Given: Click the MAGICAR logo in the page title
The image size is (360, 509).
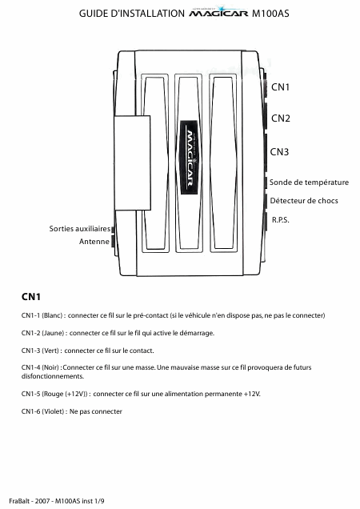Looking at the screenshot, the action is pyautogui.click(x=218, y=12).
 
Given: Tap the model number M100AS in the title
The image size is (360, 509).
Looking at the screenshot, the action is pyautogui.click(x=270, y=14).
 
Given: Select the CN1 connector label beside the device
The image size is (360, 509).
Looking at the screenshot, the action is pyautogui.click(x=280, y=87).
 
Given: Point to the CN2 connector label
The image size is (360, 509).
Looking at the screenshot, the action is pyautogui.click(x=281, y=118).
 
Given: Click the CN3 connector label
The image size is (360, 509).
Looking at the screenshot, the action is pyautogui.click(x=279, y=151).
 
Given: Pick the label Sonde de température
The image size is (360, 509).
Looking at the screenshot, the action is pyautogui.click(x=309, y=182).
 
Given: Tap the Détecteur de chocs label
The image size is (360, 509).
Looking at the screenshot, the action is pyautogui.click(x=304, y=201).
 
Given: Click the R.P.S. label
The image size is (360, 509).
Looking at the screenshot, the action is pyautogui.click(x=281, y=220).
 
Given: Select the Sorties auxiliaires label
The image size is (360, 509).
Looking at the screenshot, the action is pyautogui.click(x=80, y=229).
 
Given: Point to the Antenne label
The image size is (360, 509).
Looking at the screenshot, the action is pyautogui.click(x=94, y=242).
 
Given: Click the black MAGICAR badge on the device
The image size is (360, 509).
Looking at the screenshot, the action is pyautogui.click(x=189, y=158).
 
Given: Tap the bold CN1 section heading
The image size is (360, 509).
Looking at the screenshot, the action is pyautogui.click(x=31, y=297).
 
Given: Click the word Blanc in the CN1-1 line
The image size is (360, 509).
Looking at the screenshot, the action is pyautogui.click(x=52, y=315).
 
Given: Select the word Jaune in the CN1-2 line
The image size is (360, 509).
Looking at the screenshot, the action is pyautogui.click(x=54, y=333).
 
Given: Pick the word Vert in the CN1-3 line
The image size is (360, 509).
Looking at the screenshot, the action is pyautogui.click(x=50, y=351).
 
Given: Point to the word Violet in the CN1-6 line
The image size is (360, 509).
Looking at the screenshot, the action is pyautogui.click(x=54, y=411).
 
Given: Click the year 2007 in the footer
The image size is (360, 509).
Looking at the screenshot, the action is pyautogui.click(x=42, y=501).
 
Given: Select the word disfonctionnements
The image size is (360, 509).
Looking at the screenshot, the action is pyautogui.click(x=53, y=376).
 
